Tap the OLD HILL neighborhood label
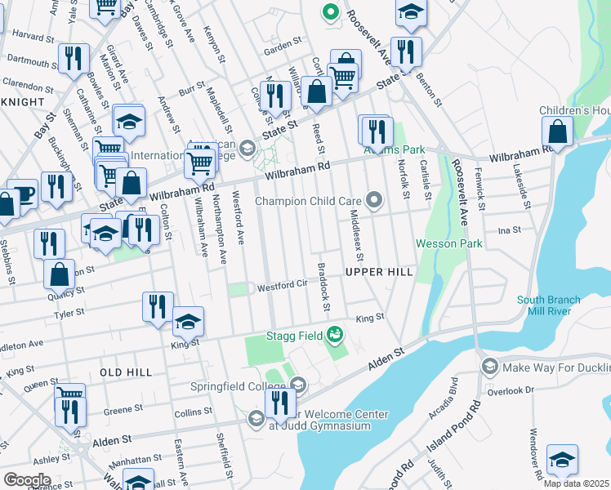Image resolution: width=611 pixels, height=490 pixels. coord(126,372)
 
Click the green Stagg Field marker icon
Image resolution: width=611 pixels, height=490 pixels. coord(334,334)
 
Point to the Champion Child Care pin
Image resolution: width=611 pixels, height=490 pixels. coord(375,200)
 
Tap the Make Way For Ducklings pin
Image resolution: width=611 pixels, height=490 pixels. coord(489,365)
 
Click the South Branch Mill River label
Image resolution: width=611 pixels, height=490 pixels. coord(548,305)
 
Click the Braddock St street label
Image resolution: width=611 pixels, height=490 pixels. coord(324,286)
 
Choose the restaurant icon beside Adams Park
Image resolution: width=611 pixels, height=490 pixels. coord(376,130)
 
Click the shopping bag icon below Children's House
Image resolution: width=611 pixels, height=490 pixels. coord(558,132)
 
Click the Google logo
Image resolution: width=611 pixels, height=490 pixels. coord(28,479)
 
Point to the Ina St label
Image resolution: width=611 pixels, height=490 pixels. coord(509,231)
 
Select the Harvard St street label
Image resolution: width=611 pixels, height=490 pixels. coord(33,36)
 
